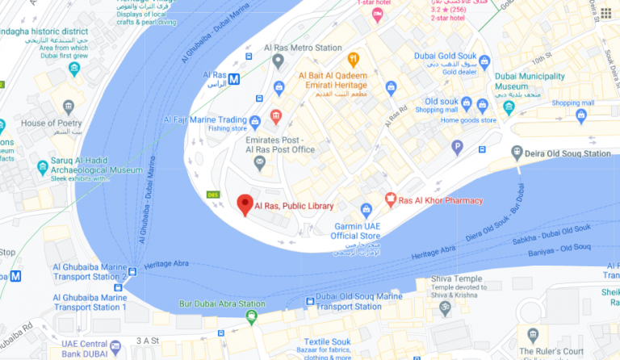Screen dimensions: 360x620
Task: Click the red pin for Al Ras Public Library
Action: click(x=245, y=204)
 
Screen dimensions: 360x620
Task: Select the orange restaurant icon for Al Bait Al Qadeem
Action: click(x=353, y=59)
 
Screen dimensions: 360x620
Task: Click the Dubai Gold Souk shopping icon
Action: click(x=484, y=60)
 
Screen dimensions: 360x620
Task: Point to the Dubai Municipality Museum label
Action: click(x=528, y=81)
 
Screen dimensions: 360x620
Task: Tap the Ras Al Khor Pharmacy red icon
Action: click(x=391, y=199)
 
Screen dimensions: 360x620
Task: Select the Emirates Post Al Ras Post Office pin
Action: click(x=259, y=163)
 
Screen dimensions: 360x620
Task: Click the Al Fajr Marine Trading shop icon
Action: click(x=255, y=122)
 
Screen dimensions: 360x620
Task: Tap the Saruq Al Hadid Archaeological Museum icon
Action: click(x=43, y=167)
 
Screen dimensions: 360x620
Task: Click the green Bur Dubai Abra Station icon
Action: click(x=252, y=318)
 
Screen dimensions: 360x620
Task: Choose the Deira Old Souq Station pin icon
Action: click(x=517, y=153)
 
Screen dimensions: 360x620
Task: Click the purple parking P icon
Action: click(x=457, y=147)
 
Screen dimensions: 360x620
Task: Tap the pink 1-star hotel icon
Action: click(x=376, y=15)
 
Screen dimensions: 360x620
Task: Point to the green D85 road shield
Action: click(x=213, y=194)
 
